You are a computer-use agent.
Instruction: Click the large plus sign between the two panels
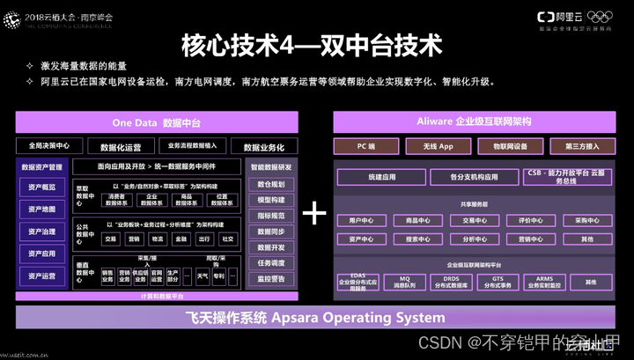(x=314, y=214)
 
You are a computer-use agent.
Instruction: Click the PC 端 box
(x=366, y=145)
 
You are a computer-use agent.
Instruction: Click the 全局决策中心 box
(x=43, y=145)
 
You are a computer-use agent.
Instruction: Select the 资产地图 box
(x=41, y=209)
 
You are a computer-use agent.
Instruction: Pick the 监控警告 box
(x=270, y=278)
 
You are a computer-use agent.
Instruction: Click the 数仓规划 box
(x=270, y=184)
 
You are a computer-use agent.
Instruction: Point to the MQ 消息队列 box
(x=404, y=283)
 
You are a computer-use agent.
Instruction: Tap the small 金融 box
(x=181, y=239)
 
